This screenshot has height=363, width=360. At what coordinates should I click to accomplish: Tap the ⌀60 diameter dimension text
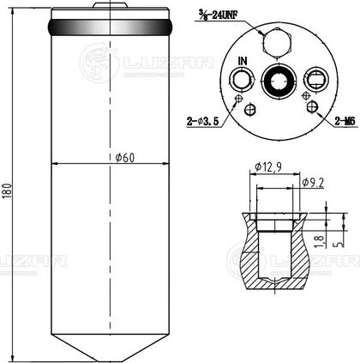click(x=125, y=157)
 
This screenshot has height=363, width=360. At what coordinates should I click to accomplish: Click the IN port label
click(x=243, y=61)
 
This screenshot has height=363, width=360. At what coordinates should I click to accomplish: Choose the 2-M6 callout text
click(x=345, y=122)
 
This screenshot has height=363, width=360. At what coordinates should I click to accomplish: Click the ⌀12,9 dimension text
click(x=268, y=166)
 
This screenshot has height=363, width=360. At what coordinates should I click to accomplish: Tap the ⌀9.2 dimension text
click(x=313, y=183)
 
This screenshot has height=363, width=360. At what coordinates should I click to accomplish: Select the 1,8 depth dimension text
click(x=320, y=241)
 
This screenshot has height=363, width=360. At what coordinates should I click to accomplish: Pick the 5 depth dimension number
click(x=339, y=244)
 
